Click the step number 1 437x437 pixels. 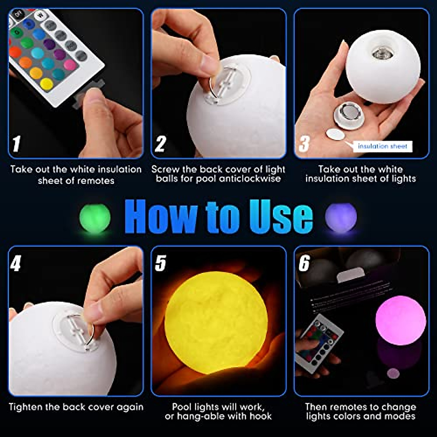pyautogui.click(x=16, y=143)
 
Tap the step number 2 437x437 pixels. pyautogui.click(x=160, y=144)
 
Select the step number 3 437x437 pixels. pyautogui.click(x=304, y=144)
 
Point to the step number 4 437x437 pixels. pyautogui.click(x=15, y=263)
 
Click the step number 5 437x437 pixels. pyautogui.click(x=160, y=263)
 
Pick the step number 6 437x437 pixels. pyautogui.click(x=304, y=263)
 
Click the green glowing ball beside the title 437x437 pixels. pyautogui.click(x=95, y=218)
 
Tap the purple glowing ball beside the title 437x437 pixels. pyautogui.click(x=341, y=218)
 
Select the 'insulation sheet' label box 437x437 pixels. pyautogui.click(x=382, y=146)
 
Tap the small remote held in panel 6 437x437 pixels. pyautogui.click(x=319, y=342)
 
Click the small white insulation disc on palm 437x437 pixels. pyautogui.click(x=335, y=134)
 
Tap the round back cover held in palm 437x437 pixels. pyautogui.click(x=349, y=115)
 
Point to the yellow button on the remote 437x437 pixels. pyautogui.click(x=46, y=84)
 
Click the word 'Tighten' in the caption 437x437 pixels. pyautogui.click(x=25, y=407)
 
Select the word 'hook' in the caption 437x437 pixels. pyautogui.click(x=260, y=416)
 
